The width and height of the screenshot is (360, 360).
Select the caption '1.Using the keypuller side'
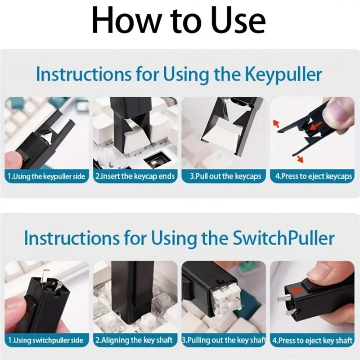pyautogui.click(x=46, y=176)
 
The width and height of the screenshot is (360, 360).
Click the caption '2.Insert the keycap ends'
pyautogui.click(x=135, y=176)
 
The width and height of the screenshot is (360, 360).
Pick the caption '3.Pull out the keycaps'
pyautogui.click(x=225, y=176)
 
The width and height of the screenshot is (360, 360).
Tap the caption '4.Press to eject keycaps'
pyautogui.click(x=313, y=176)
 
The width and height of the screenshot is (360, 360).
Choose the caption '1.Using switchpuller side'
pyautogui.click(x=46, y=340)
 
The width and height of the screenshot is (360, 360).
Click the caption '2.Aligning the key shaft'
pyautogui.click(x=134, y=340)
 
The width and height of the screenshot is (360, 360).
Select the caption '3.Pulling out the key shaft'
pyautogui.click(x=224, y=340)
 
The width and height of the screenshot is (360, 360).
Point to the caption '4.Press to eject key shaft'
pyautogui.click(x=312, y=340)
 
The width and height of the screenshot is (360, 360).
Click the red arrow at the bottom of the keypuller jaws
pyautogui.click(x=300, y=159)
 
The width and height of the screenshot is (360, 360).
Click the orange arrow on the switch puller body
pyautogui.click(x=296, y=290)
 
